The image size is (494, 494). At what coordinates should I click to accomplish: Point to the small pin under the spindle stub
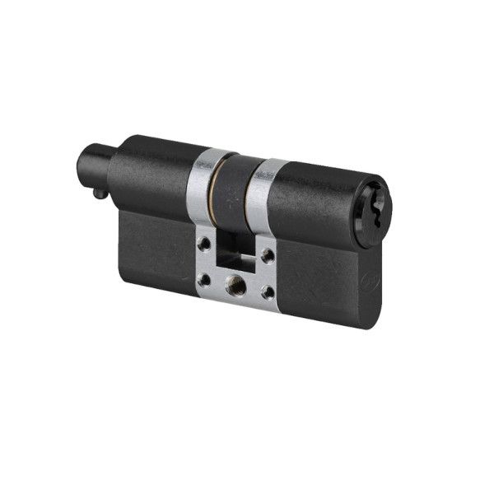click(98, 193)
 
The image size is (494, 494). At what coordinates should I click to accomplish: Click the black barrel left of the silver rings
click(156, 173)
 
